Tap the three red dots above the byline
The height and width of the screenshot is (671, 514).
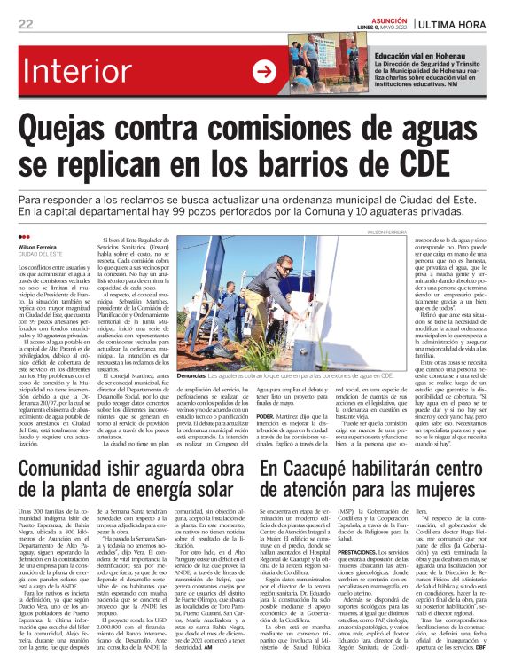tap(24, 238)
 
